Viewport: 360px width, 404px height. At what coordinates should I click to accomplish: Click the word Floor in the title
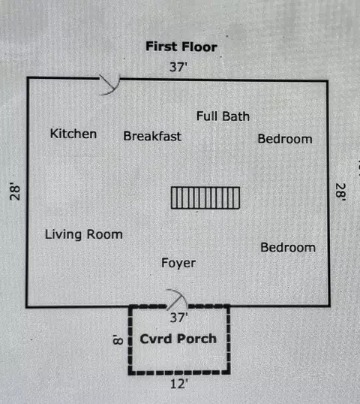click(x=199, y=47)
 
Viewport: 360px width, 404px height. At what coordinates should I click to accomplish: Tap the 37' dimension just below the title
click(x=178, y=67)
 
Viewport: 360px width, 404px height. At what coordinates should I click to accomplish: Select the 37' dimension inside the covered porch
click(x=178, y=318)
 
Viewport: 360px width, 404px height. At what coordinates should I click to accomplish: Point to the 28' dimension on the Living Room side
click(x=15, y=191)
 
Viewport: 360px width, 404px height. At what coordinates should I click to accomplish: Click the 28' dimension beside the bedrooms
click(x=340, y=192)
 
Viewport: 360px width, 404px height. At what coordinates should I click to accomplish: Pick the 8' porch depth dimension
click(x=118, y=339)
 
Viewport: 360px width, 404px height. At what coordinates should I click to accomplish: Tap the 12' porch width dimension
click(x=179, y=384)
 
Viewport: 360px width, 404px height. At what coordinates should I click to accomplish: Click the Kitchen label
click(x=73, y=134)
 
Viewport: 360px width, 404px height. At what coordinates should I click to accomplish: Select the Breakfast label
click(x=152, y=136)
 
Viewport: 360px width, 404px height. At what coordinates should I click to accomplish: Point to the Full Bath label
click(x=223, y=116)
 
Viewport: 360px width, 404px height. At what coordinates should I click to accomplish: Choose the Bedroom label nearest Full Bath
click(x=285, y=139)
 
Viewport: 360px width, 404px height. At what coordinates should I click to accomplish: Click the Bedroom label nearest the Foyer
click(x=288, y=247)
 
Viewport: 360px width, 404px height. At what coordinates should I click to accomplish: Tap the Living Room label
click(x=84, y=234)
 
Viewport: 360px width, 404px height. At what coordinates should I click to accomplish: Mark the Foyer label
click(x=178, y=263)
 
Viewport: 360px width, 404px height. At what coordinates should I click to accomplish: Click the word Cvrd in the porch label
click(x=156, y=339)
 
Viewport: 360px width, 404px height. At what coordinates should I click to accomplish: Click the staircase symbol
click(x=205, y=198)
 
